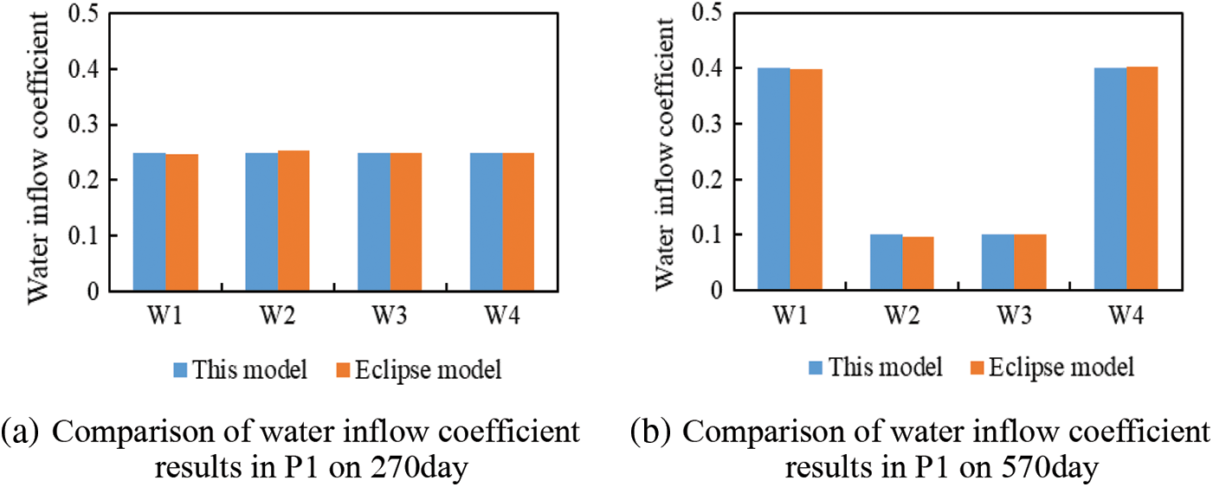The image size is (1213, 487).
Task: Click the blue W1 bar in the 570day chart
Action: [x=774, y=179]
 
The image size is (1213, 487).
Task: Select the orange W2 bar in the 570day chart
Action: [x=918, y=263]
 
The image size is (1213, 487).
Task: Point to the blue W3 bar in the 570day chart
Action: [x=998, y=262]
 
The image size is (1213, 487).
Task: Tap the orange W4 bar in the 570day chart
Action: [x=1142, y=178]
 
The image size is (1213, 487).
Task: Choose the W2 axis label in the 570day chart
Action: [x=902, y=317]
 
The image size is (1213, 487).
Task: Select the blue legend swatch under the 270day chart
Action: [x=181, y=371]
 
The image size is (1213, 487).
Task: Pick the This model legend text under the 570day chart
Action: [x=886, y=367]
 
